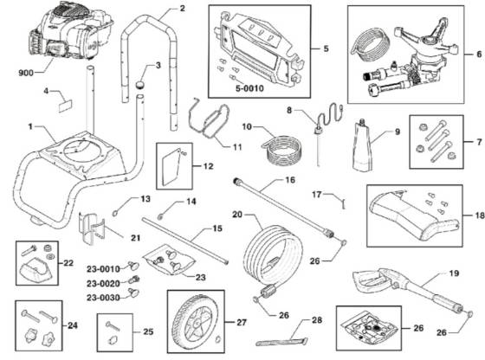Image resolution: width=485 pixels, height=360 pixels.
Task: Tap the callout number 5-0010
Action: coord(249,88)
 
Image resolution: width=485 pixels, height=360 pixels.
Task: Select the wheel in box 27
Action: coord(196,319)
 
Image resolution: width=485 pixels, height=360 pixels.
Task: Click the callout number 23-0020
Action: coord(103,283)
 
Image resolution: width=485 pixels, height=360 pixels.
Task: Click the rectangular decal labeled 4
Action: coord(65,106)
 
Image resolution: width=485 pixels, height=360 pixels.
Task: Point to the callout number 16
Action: coord(290,180)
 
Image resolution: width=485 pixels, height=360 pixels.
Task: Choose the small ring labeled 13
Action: coord(115,212)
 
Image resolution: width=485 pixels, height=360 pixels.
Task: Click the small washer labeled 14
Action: coord(160,216)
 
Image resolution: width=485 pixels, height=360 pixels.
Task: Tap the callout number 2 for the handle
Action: coord(182,9)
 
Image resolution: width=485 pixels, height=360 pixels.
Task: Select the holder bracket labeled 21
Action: coord(92,228)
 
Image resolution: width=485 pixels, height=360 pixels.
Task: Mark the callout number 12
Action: coord(208,166)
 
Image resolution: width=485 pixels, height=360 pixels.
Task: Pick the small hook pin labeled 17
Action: coord(343,203)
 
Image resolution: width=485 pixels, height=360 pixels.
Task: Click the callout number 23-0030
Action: coord(103,298)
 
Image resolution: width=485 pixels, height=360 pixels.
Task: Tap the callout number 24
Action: coord(73,325)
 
